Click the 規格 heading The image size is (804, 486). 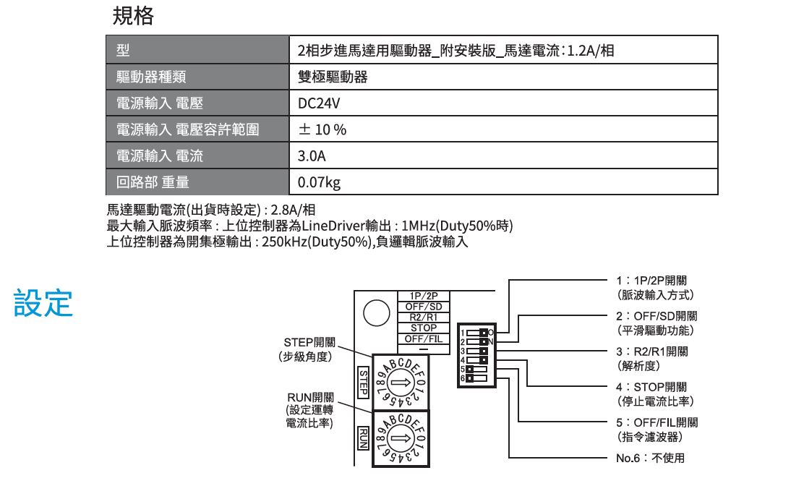133,16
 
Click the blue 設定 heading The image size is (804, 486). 43,302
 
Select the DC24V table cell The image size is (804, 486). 503,103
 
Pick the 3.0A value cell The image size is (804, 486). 503,155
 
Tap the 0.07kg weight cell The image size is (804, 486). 503,182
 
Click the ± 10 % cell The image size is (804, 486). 503,129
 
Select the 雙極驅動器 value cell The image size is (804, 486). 503,77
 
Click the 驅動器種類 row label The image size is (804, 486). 197,77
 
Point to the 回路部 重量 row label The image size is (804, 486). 197,182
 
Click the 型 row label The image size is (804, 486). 197,50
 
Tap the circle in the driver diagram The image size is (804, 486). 377,312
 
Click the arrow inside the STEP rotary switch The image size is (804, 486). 401,383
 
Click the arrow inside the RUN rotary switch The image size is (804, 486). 401,438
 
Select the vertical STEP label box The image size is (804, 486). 363,382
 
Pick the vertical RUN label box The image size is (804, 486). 363,438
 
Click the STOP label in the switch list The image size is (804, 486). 424,328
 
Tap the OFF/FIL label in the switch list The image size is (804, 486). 424,339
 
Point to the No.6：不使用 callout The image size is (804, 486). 650,458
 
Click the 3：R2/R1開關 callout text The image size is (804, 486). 652,351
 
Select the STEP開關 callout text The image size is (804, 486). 309,342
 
